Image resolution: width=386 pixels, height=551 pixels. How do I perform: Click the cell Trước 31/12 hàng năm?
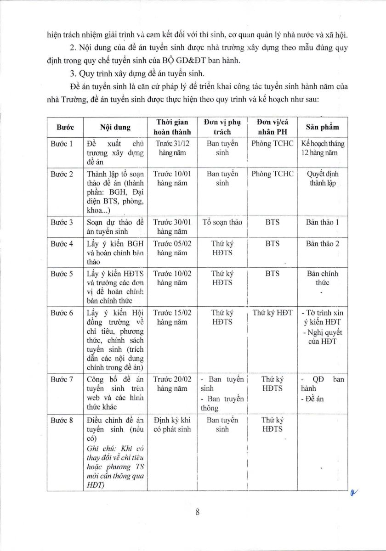(172, 148)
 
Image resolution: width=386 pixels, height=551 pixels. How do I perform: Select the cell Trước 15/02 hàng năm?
(172, 317)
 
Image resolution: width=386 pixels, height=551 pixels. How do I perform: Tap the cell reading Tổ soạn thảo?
(222, 222)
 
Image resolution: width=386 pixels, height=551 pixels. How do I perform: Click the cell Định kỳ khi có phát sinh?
(172, 424)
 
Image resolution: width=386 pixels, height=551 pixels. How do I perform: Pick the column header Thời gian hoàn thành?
(172, 127)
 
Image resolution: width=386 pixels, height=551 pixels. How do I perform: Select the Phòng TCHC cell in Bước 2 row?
(272, 174)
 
